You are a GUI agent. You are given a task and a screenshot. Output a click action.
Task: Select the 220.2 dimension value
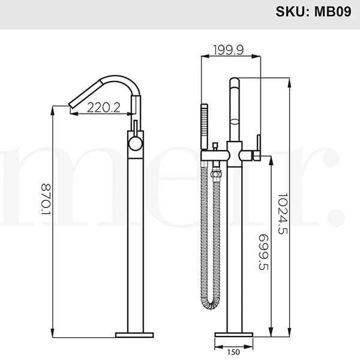[x=104, y=108]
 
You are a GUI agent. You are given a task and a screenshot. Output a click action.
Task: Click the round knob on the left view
[x=136, y=143]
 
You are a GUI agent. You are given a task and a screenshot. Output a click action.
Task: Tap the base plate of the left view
[x=134, y=334]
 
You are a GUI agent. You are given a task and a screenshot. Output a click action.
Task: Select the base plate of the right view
[x=235, y=334]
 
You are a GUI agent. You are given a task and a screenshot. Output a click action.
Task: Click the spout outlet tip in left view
[x=71, y=107]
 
